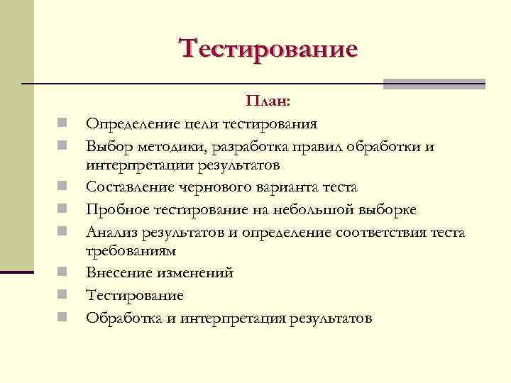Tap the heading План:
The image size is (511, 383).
[x=268, y=103]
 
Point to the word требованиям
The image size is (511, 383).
[x=131, y=251]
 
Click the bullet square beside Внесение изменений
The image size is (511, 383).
[x=63, y=272]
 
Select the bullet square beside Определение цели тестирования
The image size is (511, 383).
[x=63, y=124]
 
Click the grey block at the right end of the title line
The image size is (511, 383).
[x=434, y=84]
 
